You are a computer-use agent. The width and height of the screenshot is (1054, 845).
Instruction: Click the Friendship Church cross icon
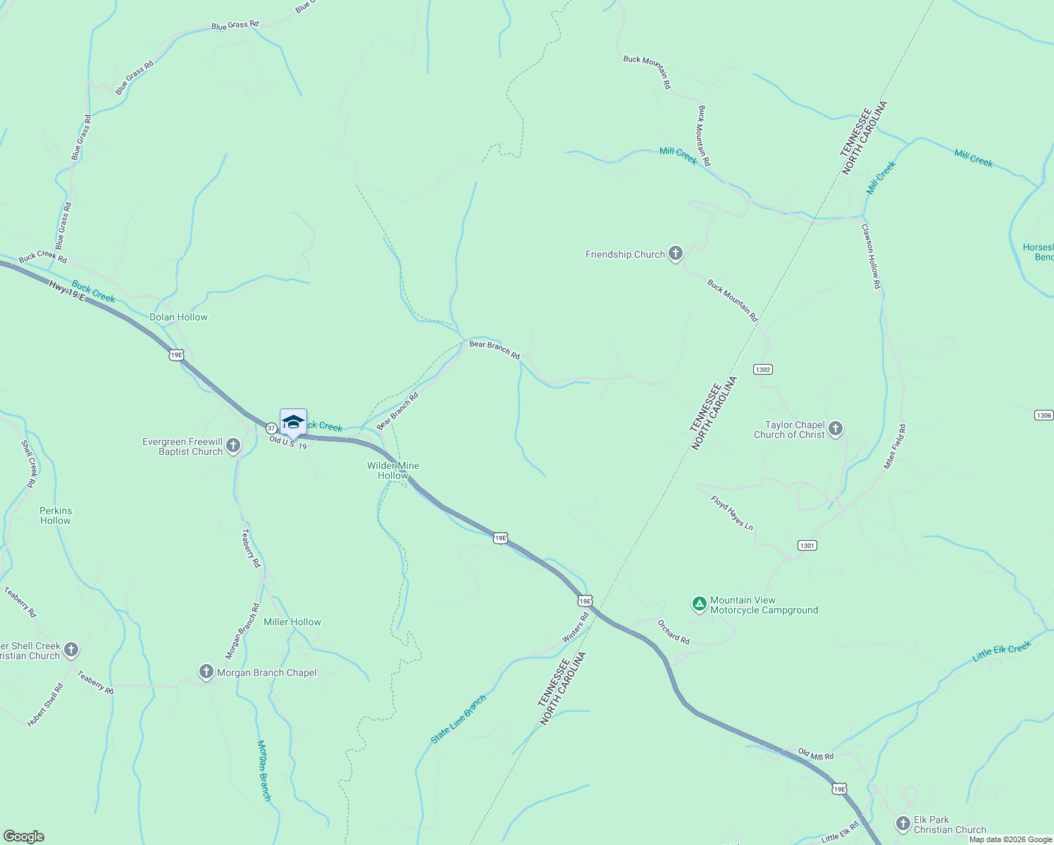[x=675, y=254]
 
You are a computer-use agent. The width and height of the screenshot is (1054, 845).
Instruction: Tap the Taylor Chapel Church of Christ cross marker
[x=836, y=429]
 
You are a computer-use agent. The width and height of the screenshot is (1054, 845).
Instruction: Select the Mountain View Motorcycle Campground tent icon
[x=699, y=603]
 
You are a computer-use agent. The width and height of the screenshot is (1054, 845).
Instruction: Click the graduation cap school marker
[x=293, y=423]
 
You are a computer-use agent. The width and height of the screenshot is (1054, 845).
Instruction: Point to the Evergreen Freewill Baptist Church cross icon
[x=233, y=446]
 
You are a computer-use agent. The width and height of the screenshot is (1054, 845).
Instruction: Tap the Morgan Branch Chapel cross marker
[x=206, y=672]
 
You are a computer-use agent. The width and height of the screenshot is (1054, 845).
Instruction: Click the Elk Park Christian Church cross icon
[x=903, y=823]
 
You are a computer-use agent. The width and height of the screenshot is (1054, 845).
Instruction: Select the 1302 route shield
[x=762, y=369]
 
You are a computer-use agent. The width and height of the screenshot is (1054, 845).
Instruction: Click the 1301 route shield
[x=807, y=545]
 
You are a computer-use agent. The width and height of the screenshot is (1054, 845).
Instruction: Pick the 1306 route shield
[x=1043, y=415]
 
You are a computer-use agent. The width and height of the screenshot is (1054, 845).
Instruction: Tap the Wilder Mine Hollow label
[x=393, y=470]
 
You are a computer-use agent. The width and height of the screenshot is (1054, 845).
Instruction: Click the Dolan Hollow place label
[x=178, y=317]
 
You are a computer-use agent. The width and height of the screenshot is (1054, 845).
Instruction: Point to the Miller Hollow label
[x=292, y=622]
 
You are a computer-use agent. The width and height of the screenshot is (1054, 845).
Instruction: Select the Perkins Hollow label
[x=56, y=515]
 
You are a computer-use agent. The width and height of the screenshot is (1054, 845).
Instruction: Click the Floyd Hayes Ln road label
[x=732, y=513]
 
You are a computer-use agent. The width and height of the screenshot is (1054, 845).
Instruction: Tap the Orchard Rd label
[x=674, y=632]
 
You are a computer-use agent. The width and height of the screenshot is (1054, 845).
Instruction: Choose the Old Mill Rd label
[x=816, y=754]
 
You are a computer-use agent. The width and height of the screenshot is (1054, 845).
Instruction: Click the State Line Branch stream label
[x=459, y=719]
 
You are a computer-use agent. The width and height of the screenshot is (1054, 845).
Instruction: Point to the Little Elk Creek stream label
[x=1001, y=651]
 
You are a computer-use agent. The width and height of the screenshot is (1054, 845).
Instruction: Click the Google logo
[x=24, y=837]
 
